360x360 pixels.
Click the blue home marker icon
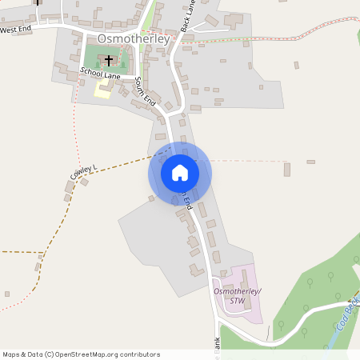coord(179,173)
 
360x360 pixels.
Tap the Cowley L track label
coord(82,170)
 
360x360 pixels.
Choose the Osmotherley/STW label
coord(238,296)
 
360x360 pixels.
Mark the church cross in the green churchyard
coord(109,60)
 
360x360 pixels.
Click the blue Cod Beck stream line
coord(336,336)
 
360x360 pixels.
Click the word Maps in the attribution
coord(12,354)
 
